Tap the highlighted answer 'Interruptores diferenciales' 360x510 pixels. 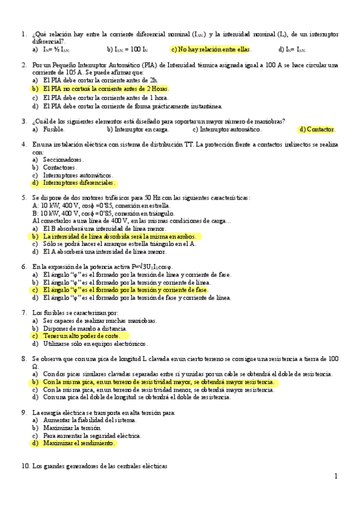coord(78,183)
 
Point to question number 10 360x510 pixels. coord(25,466)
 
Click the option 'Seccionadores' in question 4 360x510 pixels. coord(63,160)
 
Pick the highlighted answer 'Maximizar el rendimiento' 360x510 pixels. coord(79,443)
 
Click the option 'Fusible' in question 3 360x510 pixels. coord(53,129)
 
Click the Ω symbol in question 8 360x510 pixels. coord(35,366)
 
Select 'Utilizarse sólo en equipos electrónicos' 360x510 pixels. coord(95,344)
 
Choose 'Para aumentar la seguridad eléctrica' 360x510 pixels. coord(92,435)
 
